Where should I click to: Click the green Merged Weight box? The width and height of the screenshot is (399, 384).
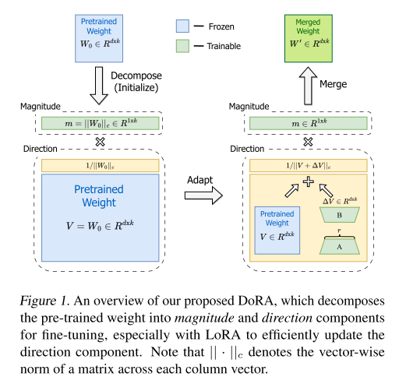point(309,38)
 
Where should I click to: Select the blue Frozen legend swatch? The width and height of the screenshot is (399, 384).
point(182,26)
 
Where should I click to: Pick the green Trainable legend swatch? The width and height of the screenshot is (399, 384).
point(182,46)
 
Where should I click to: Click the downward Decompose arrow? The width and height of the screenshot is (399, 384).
point(99,86)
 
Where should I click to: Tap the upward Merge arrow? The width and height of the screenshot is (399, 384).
point(308,86)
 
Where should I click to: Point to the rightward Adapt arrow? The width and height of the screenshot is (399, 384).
point(203,196)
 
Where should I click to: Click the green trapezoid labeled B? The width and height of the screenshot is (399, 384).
point(340,215)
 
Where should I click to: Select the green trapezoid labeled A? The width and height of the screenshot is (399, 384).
point(340,246)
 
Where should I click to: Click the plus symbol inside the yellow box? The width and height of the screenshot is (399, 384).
point(309,181)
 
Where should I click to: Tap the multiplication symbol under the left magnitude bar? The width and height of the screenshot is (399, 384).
point(100,142)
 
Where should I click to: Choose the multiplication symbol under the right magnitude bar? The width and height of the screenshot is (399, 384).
point(308,142)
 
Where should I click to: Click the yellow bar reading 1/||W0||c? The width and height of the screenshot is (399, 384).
point(101,166)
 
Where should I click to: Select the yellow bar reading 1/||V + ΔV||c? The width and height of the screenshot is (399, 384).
point(309,166)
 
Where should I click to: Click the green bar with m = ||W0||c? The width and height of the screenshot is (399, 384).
point(101,123)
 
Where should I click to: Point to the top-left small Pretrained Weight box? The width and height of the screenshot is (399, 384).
point(99,38)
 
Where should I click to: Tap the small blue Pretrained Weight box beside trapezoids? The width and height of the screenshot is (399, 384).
point(277,231)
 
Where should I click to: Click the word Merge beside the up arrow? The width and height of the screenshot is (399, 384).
point(334,84)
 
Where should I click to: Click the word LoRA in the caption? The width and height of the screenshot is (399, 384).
point(223,335)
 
